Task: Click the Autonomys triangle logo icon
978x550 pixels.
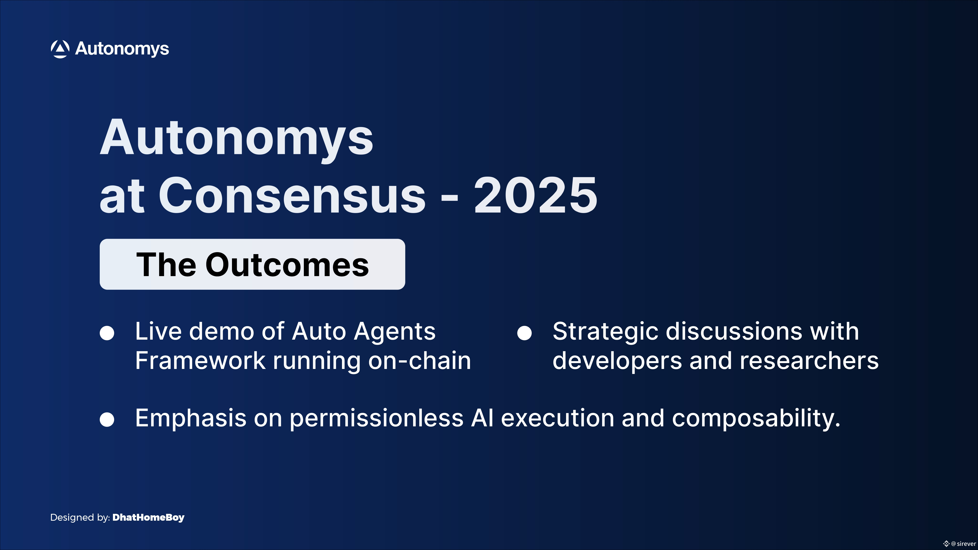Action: coord(60,49)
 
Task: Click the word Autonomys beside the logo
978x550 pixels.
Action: coord(122,49)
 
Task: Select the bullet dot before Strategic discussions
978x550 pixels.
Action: coord(524,333)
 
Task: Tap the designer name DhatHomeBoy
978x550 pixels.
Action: coord(148,517)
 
